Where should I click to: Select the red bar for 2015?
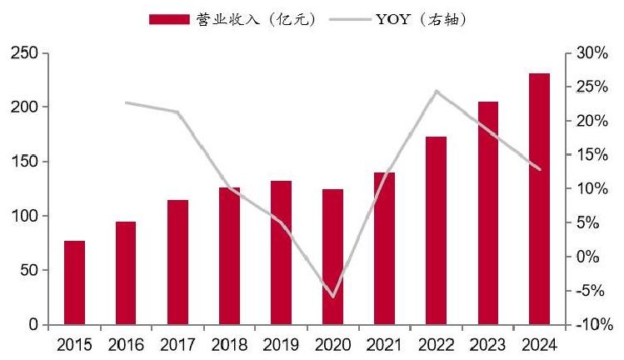[74, 282]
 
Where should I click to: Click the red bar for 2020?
[332, 257]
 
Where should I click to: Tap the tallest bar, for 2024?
[539, 198]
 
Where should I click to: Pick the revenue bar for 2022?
[437, 231]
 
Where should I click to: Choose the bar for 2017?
[178, 262]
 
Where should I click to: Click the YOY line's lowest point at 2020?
[333, 297]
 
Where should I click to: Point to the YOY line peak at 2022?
[437, 91]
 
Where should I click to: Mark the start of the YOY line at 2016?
[126, 102]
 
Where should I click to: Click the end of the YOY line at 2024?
[540, 169]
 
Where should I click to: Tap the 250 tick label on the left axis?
[24, 53]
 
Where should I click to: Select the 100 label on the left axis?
[24, 216]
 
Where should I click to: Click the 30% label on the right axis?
[592, 53]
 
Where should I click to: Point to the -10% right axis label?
[595, 324]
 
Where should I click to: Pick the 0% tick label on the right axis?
[588, 257]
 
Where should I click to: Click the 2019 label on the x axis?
[281, 345]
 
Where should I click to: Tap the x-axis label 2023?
[488, 345]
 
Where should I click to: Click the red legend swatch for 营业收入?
[169, 19]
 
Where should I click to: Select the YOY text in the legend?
[392, 19]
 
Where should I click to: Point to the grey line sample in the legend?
[350, 19]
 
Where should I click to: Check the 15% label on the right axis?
[592, 155]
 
